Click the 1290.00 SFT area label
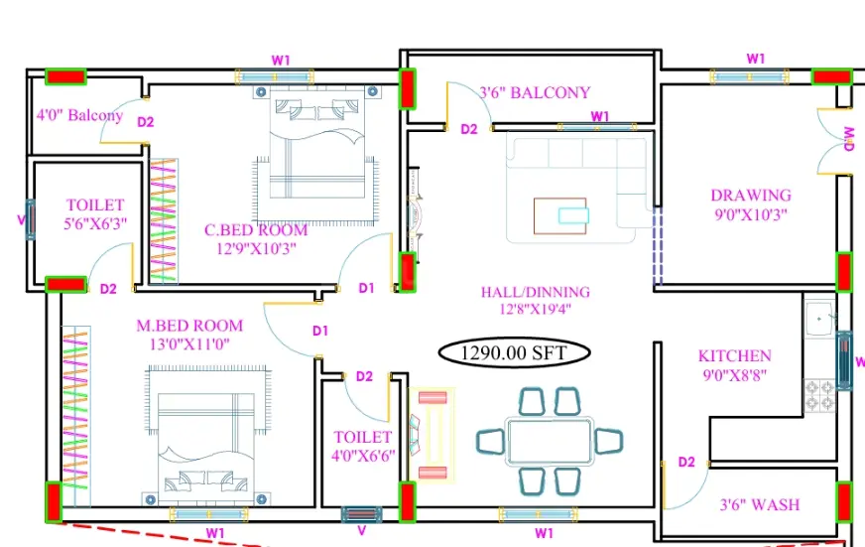[x=514, y=352]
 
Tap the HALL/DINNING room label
[x=535, y=292]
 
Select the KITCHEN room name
[x=735, y=356]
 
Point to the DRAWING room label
[x=751, y=196]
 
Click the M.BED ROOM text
[x=189, y=326]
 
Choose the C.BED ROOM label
[x=256, y=230]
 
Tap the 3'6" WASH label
[x=760, y=504]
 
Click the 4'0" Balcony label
[x=79, y=115]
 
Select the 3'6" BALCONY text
[x=535, y=92]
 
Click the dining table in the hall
[x=550, y=442]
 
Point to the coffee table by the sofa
[x=559, y=215]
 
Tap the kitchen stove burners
[x=819, y=395]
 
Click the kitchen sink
[x=819, y=318]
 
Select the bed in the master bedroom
[x=206, y=436]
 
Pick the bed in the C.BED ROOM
[x=316, y=156]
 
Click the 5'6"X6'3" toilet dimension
[x=95, y=223]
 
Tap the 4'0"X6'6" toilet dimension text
[x=363, y=456]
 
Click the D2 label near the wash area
[x=686, y=462]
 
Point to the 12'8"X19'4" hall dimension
[x=535, y=309]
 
